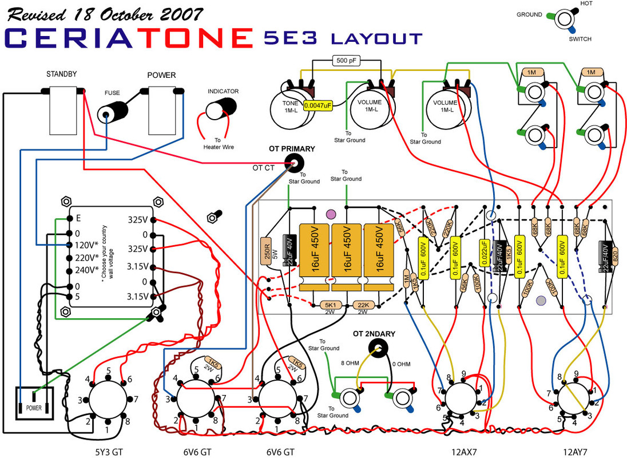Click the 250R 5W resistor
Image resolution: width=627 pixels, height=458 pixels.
coord(265,251)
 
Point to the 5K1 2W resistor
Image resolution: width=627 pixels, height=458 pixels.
coord(330,305)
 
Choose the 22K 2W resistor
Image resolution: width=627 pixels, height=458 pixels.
coord(363,305)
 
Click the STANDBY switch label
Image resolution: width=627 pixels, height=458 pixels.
coord(61,74)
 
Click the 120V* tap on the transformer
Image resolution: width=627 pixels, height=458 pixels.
coord(87,244)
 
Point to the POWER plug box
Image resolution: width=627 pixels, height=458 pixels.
coord(34,404)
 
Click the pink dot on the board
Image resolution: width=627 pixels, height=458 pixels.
coord(330,215)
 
